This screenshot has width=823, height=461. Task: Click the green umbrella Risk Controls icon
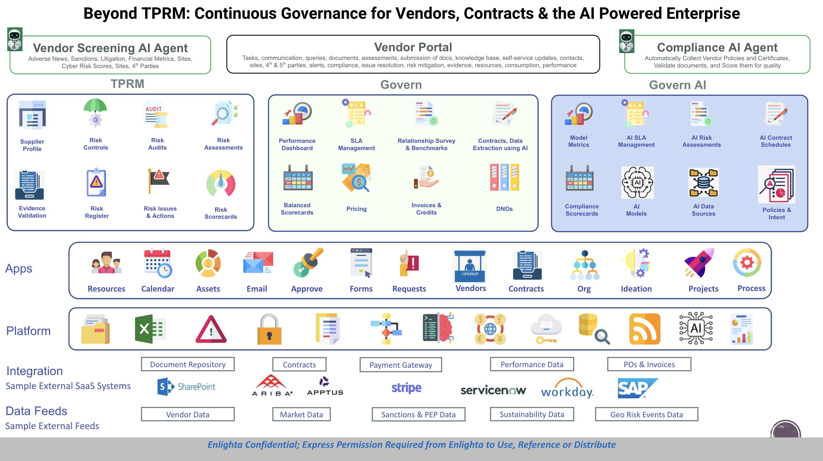point(95,113)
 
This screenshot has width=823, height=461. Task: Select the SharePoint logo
point(187,387)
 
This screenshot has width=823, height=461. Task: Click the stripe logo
point(406,388)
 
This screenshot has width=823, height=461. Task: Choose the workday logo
point(567,389)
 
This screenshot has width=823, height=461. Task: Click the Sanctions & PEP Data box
point(418,414)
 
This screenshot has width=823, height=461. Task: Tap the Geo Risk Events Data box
point(646,414)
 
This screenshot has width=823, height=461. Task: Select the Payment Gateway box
point(401,365)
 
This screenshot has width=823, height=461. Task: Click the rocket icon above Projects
point(699,263)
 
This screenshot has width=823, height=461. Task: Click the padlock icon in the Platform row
point(269,329)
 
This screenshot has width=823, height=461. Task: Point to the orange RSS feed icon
point(644,329)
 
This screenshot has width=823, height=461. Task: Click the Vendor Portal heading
point(413,47)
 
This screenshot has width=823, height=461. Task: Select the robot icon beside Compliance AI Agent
point(627,41)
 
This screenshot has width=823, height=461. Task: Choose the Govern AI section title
point(677,85)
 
